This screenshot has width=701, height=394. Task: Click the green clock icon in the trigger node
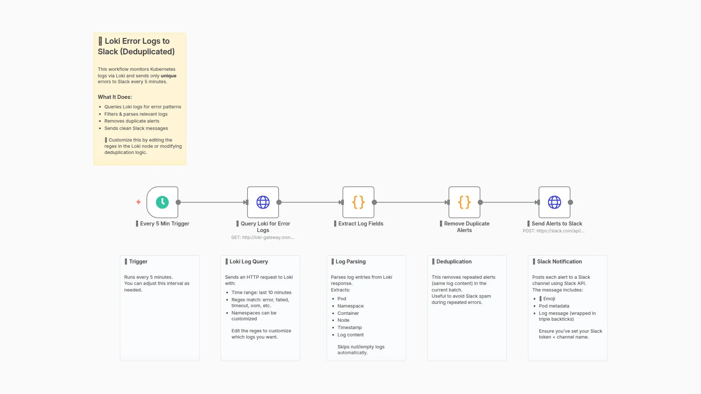point(162,202)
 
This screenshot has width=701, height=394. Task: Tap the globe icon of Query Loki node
point(263,202)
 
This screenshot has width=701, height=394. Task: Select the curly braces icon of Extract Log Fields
point(358,202)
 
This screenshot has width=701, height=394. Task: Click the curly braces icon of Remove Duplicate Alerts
point(464,202)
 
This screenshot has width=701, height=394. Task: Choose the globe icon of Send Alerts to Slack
point(554,202)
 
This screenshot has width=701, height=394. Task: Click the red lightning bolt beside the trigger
point(138,202)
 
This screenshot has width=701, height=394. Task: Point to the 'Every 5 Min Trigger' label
point(164,224)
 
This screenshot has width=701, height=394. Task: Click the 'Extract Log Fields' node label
point(360,224)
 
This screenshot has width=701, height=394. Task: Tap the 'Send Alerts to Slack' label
point(556,224)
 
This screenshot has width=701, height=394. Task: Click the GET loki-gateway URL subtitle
point(263,237)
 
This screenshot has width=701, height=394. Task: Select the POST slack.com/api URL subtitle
point(553,231)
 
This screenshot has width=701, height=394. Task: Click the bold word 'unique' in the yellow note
point(169,76)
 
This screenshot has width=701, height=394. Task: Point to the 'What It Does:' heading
point(115,97)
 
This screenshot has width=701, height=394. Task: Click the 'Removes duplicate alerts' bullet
point(132,121)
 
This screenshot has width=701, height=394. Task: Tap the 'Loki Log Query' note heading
point(248,262)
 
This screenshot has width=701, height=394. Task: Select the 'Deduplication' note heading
point(454,262)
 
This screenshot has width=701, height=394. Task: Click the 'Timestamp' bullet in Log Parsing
point(349,328)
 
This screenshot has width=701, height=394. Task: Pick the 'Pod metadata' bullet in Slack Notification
point(554,306)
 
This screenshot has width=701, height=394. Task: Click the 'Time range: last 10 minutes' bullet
point(261,293)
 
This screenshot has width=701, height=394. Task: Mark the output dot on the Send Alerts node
point(570,202)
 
